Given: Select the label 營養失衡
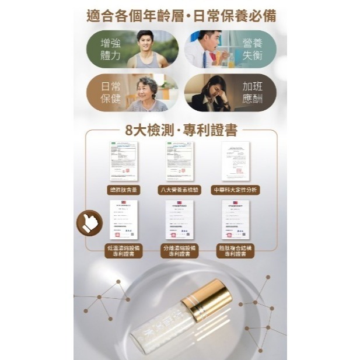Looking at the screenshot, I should pos(252,50).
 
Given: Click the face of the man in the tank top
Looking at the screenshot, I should pos(144,42).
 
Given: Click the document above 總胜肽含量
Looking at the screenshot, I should pos(124,161).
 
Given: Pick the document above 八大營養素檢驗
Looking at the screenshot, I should pos(180,161).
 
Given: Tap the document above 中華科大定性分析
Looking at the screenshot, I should pos(235,161).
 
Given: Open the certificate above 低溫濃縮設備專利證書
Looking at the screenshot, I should pos(124,219).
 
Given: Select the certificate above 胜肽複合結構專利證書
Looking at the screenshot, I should pos(235,219).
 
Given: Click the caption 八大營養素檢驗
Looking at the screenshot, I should pos(180,190).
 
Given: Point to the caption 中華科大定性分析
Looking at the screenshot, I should pos(235,190).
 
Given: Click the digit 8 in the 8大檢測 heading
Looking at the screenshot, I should pos(129,131).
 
